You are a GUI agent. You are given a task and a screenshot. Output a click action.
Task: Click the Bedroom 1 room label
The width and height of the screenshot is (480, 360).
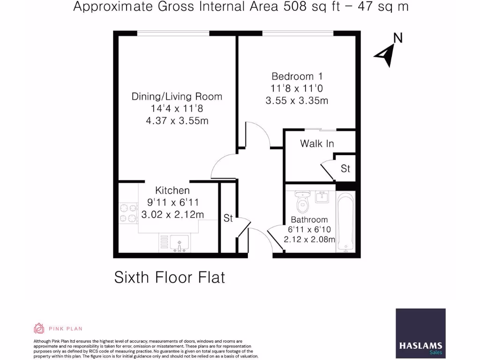click(297, 76)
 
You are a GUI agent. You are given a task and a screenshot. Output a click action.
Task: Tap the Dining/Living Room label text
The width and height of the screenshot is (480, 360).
click(177, 97)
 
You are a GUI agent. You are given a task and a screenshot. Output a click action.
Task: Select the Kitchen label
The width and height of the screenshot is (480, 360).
click(172, 190)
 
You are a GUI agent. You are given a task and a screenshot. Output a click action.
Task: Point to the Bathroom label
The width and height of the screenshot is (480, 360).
click(309, 219)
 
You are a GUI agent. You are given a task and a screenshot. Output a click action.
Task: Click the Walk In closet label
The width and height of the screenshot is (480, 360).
click(317, 143)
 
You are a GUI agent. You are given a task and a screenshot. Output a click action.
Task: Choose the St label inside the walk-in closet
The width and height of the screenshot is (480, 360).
click(345, 168)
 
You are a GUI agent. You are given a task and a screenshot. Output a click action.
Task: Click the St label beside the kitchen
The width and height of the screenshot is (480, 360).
click(228, 218)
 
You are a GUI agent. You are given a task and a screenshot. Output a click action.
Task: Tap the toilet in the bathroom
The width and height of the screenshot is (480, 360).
click(302, 202)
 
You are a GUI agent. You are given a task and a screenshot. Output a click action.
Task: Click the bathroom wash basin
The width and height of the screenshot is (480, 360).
click(322, 197)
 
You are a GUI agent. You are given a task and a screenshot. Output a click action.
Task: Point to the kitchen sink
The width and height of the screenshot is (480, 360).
click(179, 243)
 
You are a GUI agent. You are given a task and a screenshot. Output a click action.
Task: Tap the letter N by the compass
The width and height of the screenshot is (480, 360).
click(398, 38)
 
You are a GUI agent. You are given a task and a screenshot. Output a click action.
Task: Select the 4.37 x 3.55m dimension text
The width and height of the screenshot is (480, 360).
click(177, 121)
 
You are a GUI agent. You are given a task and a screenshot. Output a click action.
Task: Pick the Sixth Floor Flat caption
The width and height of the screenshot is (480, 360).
click(170, 277)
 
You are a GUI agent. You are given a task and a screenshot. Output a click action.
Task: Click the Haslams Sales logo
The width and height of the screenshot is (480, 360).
click(420, 331)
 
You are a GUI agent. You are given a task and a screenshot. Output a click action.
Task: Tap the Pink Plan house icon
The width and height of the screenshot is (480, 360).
click(38, 328)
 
